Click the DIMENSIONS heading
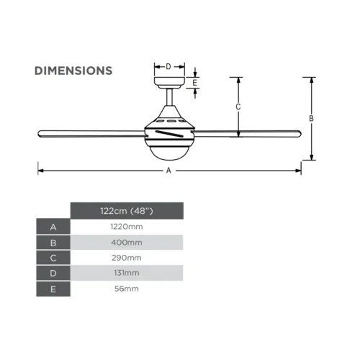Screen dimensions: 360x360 point(73,71)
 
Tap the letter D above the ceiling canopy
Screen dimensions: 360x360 point(168,66)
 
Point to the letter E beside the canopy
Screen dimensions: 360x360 point(194,83)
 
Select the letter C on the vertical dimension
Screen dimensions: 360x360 point(238,107)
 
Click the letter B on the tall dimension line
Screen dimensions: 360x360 point(311,119)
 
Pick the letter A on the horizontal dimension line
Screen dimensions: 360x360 point(168,171)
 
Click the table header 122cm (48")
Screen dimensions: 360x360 point(127,211)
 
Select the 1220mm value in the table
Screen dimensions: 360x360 point(127,227)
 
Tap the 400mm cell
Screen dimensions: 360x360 point(127,243)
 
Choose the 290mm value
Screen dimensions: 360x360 point(127,258)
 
